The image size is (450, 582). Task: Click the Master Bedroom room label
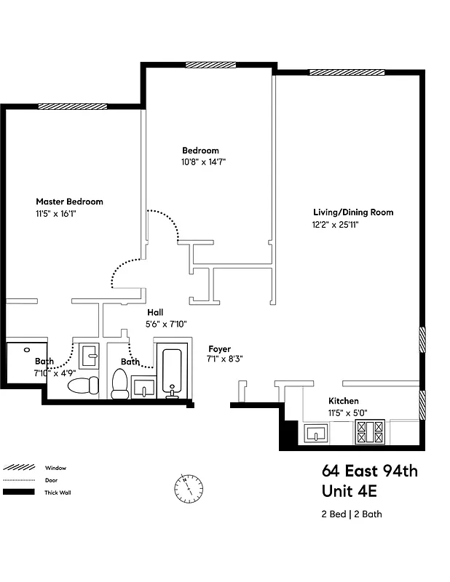[69, 202]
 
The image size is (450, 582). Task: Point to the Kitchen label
[343, 401]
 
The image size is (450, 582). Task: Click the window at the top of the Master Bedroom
[73, 106]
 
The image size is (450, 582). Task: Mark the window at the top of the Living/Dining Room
[347, 71]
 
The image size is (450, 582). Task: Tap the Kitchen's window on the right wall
[422, 404]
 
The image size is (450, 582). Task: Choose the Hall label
[155, 312]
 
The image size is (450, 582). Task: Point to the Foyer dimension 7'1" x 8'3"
[224, 359]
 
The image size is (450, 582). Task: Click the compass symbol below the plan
[188, 488]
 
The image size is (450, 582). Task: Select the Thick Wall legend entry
[58, 493]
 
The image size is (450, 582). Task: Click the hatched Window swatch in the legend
[18, 468]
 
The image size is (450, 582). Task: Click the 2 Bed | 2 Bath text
[352, 514]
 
